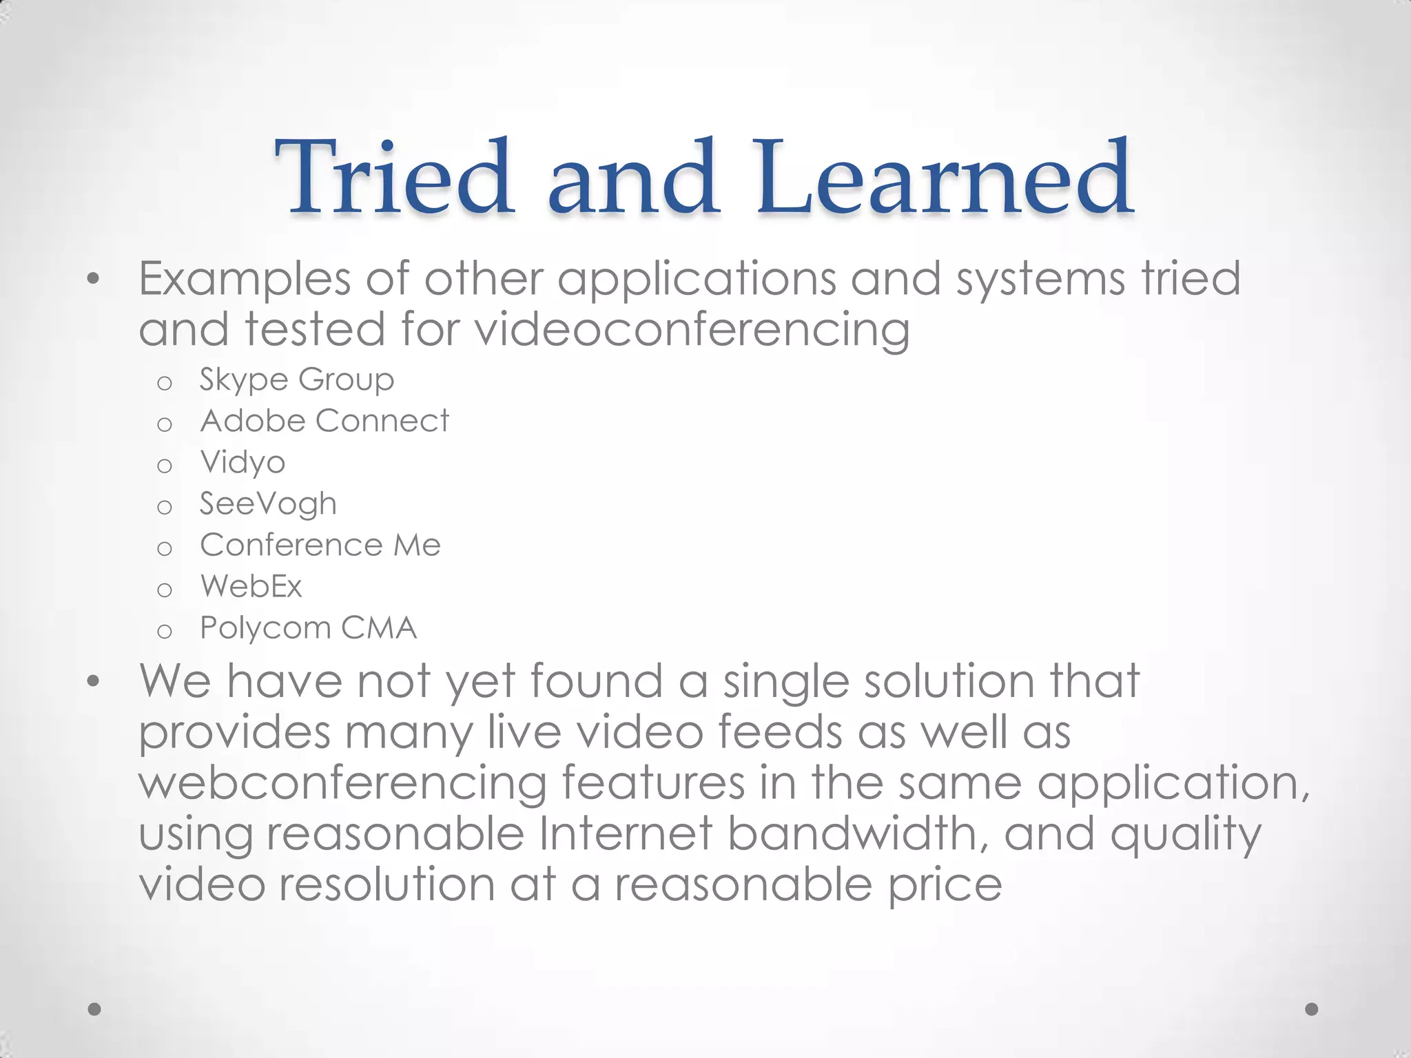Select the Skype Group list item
(296, 380)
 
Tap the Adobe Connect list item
(324, 421)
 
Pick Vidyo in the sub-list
(243, 463)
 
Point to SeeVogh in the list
(268, 504)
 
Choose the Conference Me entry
(320, 545)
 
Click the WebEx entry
(251, 586)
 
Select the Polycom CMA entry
(308, 627)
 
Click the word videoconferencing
(692, 329)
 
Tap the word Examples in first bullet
(245, 279)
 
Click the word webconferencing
(342, 783)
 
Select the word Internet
(625, 833)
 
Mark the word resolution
(387, 884)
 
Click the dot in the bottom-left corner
(95, 1009)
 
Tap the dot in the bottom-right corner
(1312, 1009)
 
